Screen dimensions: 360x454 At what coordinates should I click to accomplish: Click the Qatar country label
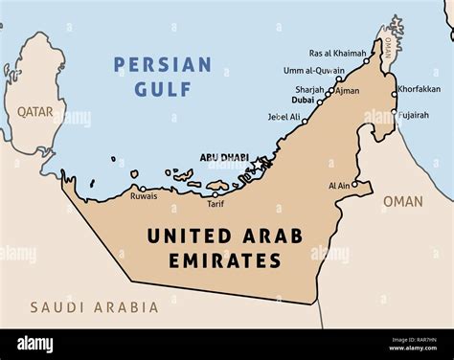click(x=34, y=112)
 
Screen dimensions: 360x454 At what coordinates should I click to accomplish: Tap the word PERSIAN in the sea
click(x=162, y=65)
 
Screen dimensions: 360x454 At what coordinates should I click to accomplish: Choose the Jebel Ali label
click(x=284, y=117)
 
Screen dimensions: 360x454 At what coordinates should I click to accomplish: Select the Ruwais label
click(x=144, y=196)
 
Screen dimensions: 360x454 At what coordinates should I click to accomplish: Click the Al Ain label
click(x=338, y=186)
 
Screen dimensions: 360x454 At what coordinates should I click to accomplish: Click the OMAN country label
click(x=401, y=201)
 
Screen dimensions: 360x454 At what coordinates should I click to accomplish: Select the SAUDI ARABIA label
click(x=94, y=307)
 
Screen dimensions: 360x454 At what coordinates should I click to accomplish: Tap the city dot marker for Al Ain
click(x=355, y=185)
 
